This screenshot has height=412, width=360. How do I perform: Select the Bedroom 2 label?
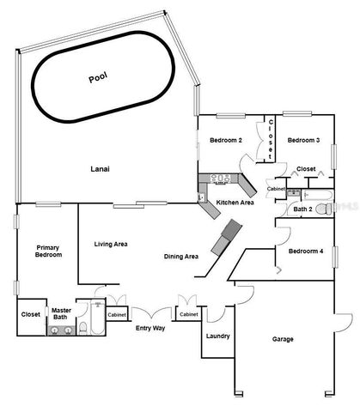[x=228, y=141]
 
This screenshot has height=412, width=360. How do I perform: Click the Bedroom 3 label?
[x=303, y=141]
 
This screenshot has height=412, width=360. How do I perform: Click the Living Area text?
[x=111, y=245]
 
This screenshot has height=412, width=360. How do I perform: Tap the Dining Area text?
[x=181, y=257]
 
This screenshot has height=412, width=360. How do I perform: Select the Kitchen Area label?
[x=235, y=203]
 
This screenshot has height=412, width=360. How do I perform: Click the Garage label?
[x=284, y=339]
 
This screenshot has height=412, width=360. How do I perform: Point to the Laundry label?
[x=217, y=336]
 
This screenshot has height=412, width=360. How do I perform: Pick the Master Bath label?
[x=60, y=313]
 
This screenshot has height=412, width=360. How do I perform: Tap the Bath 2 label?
[x=302, y=209]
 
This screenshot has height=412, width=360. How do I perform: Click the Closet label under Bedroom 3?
[x=305, y=169]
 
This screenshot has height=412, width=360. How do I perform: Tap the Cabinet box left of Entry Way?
[x=117, y=315]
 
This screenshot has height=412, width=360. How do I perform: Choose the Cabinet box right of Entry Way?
[x=189, y=315]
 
